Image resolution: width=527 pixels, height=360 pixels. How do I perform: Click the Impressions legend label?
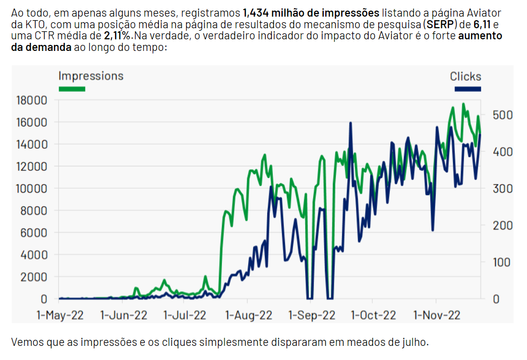pos(91,76)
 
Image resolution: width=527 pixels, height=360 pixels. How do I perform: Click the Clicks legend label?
pos(465,77)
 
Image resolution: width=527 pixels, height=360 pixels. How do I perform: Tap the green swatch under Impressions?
pos(72,89)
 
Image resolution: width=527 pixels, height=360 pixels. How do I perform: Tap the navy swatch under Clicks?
pos(467,89)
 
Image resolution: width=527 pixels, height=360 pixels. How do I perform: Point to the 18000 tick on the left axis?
pos(32,100)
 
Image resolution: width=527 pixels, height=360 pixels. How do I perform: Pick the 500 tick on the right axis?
pos(502,115)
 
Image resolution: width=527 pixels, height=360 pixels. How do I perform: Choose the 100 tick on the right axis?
pos(502,262)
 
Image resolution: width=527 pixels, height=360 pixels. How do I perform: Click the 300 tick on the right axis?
pos(502,189)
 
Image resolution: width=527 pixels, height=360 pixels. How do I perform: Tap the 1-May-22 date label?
pos(60,315)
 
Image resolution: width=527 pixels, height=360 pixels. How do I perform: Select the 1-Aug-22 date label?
pos(249,315)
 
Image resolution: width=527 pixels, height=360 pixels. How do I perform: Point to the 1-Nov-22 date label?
pos(437,315)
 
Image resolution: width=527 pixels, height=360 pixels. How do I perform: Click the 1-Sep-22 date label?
pos(312,315)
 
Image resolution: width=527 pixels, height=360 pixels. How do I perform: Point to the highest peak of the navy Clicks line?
pos(349,123)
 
